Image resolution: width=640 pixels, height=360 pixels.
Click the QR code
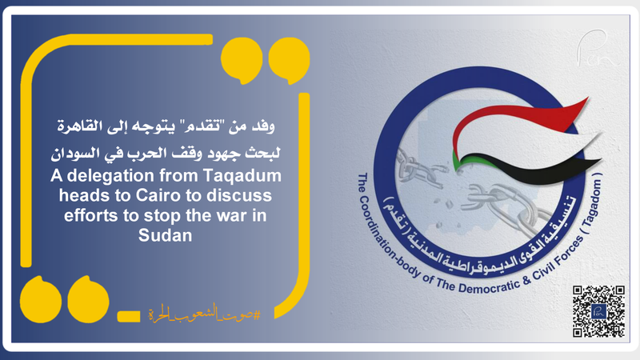click(598, 310)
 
